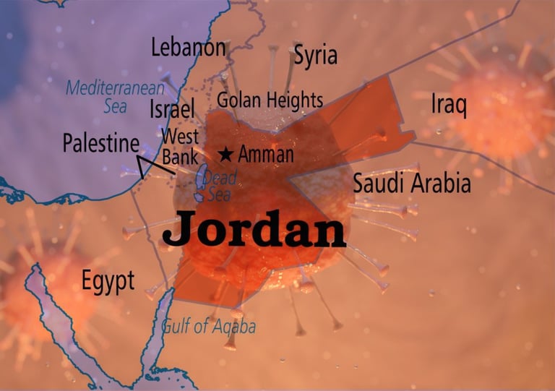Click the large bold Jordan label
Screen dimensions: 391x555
[254, 230]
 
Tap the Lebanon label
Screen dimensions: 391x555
[188, 48]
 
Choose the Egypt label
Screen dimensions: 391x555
[108, 281]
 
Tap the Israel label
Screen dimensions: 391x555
[172, 110]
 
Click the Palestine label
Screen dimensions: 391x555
[100, 143]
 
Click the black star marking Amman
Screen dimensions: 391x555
[226, 154]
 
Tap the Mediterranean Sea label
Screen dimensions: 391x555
[116, 98]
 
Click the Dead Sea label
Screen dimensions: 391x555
[223, 186]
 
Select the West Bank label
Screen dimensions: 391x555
[180, 147]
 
